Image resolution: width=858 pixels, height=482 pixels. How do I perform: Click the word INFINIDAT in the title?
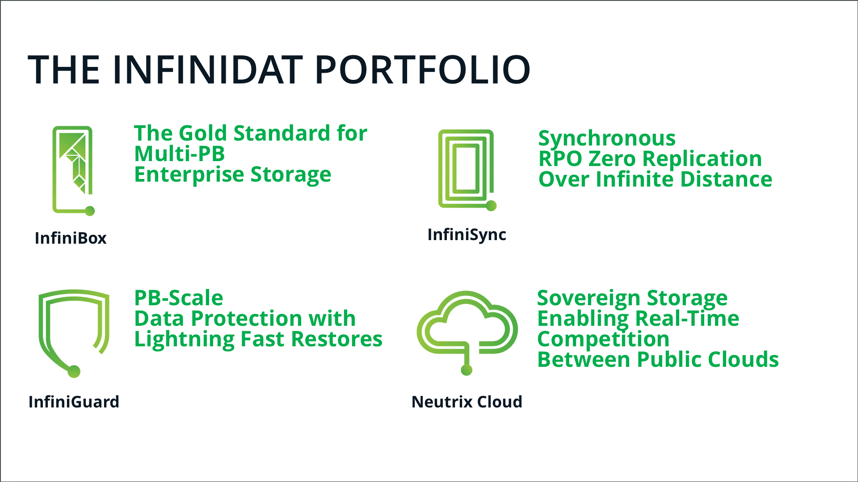click(208, 70)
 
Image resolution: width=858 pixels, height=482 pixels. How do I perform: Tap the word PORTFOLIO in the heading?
click(423, 70)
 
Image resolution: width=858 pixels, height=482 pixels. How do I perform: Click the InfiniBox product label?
click(71, 238)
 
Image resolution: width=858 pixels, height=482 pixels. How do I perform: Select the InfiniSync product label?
click(467, 235)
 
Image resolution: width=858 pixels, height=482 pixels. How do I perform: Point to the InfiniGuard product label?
click(74, 402)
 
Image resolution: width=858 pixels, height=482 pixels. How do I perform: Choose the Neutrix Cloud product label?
click(467, 402)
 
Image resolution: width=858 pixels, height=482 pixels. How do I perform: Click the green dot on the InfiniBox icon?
click(90, 211)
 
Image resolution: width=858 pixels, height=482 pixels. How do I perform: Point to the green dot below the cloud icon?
click(467, 370)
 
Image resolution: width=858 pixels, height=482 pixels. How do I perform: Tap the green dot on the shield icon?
click(74, 371)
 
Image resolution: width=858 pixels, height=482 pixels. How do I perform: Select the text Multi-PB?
click(180, 154)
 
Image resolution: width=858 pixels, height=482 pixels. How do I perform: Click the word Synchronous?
click(607, 138)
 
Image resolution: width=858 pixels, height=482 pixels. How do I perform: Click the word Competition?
click(603, 340)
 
